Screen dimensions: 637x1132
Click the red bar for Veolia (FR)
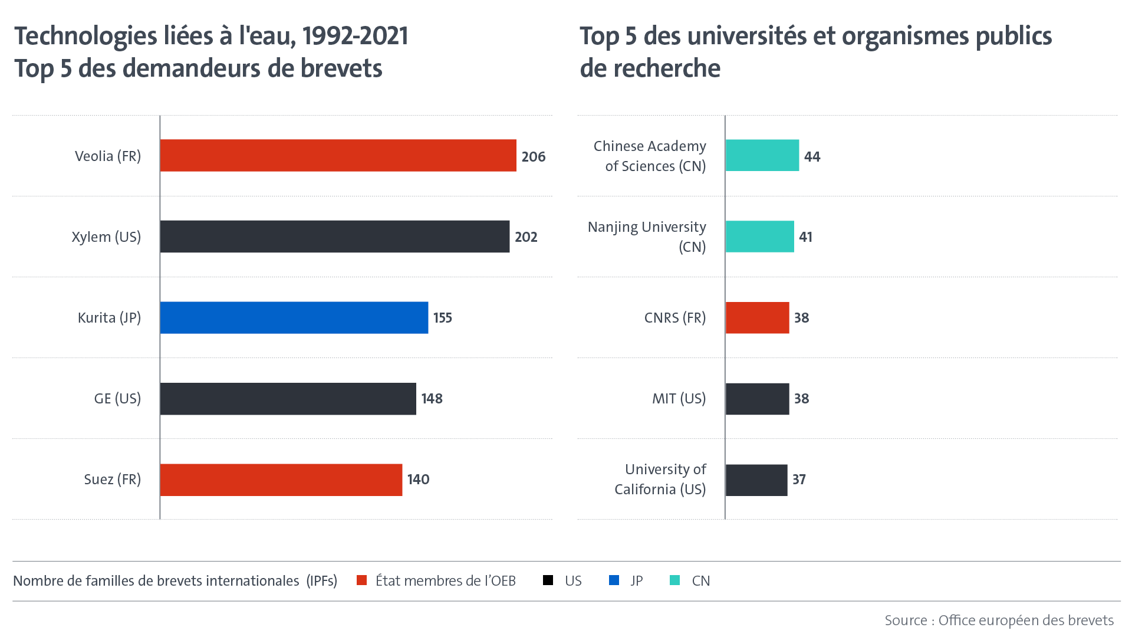click(x=338, y=156)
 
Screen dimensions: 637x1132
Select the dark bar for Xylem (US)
click(x=334, y=237)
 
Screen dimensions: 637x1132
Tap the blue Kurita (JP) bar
click(x=294, y=317)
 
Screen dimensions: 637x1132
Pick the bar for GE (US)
click(x=288, y=399)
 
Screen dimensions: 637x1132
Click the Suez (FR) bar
click(x=281, y=480)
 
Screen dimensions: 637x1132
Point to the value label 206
click(x=533, y=157)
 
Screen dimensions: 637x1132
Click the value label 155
click(x=442, y=318)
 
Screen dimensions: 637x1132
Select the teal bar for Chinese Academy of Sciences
click(x=762, y=156)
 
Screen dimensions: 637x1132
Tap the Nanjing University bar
click(x=759, y=237)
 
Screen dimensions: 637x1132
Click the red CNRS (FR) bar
click(x=757, y=317)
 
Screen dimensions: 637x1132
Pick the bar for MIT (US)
click(x=757, y=399)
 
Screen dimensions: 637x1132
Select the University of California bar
click(x=756, y=480)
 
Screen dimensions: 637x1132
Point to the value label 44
click(x=812, y=157)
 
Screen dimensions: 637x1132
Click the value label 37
click(x=799, y=480)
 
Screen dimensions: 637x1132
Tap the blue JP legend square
click(x=614, y=580)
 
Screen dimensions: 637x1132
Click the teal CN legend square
click(x=675, y=580)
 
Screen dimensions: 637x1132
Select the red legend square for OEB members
click(x=362, y=580)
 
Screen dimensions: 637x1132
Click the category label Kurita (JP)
click(x=109, y=318)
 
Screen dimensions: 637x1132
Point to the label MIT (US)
click(x=679, y=399)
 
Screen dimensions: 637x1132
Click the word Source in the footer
click(x=906, y=620)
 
